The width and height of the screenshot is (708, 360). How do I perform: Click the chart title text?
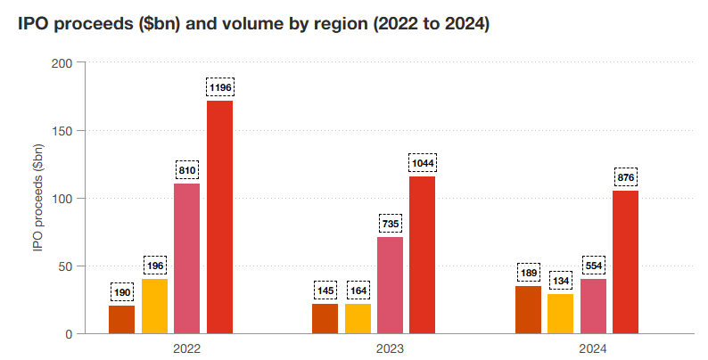(x=254, y=25)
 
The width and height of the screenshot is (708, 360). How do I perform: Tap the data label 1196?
(x=219, y=87)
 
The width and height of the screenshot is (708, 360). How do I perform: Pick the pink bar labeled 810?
(x=186, y=258)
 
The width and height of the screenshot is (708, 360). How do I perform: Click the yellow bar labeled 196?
(x=154, y=306)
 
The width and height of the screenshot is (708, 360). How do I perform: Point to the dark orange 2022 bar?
(x=121, y=319)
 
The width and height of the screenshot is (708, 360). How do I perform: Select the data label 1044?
(x=423, y=163)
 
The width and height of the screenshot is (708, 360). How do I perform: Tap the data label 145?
(x=325, y=290)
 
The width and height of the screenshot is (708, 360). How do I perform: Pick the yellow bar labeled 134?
(x=560, y=314)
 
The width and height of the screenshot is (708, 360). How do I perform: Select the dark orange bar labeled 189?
(x=528, y=309)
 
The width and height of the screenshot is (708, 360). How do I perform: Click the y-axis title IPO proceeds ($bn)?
(x=37, y=198)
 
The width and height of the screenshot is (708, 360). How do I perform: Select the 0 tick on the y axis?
(x=70, y=333)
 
